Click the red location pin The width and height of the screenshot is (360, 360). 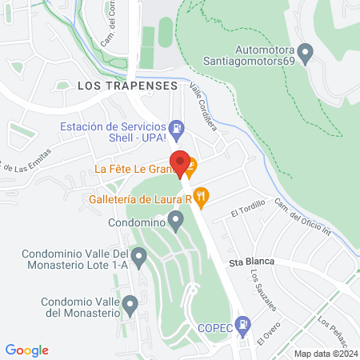click(181, 162)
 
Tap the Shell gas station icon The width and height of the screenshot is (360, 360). click(178, 127)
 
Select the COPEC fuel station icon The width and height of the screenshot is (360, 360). click(245, 324)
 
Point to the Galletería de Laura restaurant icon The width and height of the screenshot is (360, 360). click(202, 194)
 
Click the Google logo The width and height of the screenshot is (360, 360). click(26, 350)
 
